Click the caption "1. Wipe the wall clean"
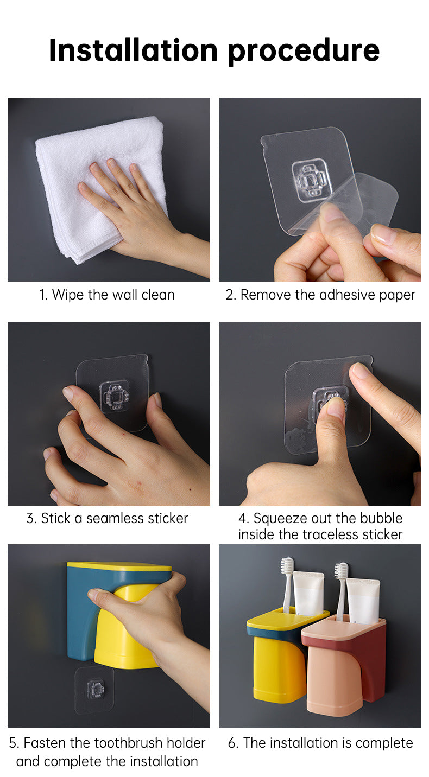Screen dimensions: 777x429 [x=107, y=295]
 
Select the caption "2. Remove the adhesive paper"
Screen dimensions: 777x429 [x=320, y=295]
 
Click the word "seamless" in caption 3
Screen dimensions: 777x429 [x=117, y=518]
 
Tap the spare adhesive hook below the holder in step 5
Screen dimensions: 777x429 [x=94, y=690]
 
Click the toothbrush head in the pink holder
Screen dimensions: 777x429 [x=341, y=571]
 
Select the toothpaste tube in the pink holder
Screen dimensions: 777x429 [x=363, y=600]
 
